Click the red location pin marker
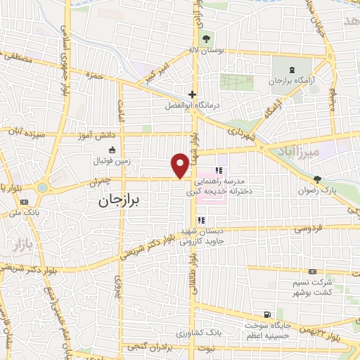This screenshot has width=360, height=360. click(180, 165)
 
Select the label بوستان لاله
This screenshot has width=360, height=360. click(207, 51)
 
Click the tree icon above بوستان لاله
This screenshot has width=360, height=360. click(207, 39)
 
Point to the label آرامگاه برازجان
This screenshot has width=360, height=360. click(290, 82)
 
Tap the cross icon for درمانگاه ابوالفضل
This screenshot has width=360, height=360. click(192, 94)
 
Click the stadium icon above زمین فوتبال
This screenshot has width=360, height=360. click(111, 149)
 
